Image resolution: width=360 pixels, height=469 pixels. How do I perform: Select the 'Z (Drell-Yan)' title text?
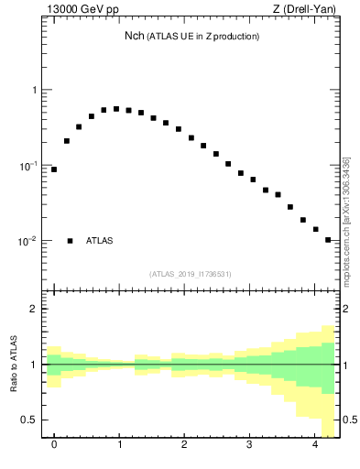pyautogui.click(x=305, y=12)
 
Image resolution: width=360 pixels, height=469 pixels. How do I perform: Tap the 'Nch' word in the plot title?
pyautogui.click(x=135, y=37)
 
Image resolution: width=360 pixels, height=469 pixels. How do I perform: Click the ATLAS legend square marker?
pyautogui.click(x=70, y=241)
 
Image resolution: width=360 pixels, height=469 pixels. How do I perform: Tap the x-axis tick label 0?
pyautogui.click(x=54, y=445)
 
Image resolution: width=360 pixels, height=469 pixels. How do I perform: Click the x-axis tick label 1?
pyautogui.click(x=119, y=445)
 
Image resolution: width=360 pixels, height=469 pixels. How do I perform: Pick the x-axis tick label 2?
pyautogui.click(x=184, y=445)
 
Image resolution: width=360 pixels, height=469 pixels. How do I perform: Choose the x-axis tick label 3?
pyautogui.click(x=249, y=445)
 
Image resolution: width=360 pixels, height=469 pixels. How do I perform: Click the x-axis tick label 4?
pyautogui.click(x=314, y=445)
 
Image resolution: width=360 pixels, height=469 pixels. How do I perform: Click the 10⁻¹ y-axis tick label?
pyautogui.click(x=27, y=166)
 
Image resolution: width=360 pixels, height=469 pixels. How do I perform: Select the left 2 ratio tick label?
pyautogui.click(x=35, y=309)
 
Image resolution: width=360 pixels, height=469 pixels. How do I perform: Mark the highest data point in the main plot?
pyautogui.click(x=116, y=108)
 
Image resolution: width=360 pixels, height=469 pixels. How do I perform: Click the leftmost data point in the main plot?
pyautogui.click(x=54, y=169)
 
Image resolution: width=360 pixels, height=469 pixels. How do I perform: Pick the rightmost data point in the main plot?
pyautogui.click(x=328, y=240)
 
